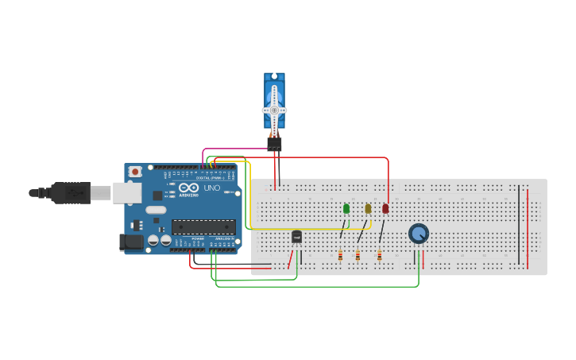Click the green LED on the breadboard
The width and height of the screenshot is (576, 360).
[346, 209]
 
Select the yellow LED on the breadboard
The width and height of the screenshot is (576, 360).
[368, 209]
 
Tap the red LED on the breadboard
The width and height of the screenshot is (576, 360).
[385, 209]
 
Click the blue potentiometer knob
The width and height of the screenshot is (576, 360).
[419, 234]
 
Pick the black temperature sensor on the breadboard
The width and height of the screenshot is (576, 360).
[296, 236]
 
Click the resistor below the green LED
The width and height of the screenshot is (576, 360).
[340, 256]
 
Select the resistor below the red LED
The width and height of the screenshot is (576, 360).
[379, 256]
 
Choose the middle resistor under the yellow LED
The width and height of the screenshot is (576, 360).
[358, 256]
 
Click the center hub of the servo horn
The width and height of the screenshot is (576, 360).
[274, 110]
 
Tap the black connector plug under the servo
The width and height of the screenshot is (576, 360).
[274, 144]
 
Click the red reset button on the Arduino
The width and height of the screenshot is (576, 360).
[135, 171]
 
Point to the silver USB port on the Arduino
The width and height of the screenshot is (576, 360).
[126, 192]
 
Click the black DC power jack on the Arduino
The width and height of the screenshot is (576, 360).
[130, 242]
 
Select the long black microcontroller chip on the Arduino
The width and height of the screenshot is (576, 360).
[203, 226]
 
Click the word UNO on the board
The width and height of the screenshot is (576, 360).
[212, 188]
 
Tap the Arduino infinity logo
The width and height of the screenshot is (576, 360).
[188, 188]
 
